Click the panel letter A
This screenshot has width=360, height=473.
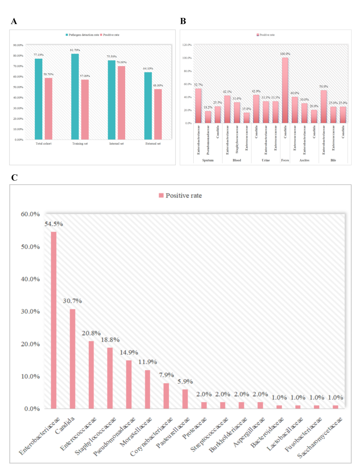(x=14, y=22)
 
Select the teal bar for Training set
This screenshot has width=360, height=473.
(x=75, y=97)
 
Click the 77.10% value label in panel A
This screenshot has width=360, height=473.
(x=38, y=55)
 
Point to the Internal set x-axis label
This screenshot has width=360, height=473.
(x=116, y=144)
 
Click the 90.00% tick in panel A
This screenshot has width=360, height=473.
(x=18, y=45)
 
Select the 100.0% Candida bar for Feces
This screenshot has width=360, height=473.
(x=285, y=90)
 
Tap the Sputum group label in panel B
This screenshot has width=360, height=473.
(x=208, y=160)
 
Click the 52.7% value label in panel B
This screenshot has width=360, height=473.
(x=198, y=85)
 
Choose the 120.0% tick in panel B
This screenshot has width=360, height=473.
(x=187, y=45)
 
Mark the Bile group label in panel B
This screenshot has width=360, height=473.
(x=333, y=160)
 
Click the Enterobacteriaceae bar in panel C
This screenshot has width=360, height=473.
(x=54, y=320)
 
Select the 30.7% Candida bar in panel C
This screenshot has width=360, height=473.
(x=72, y=359)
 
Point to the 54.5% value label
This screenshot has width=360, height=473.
(x=54, y=224)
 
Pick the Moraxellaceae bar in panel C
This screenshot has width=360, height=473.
(x=148, y=389)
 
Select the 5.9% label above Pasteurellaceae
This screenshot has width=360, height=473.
(x=185, y=381)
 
